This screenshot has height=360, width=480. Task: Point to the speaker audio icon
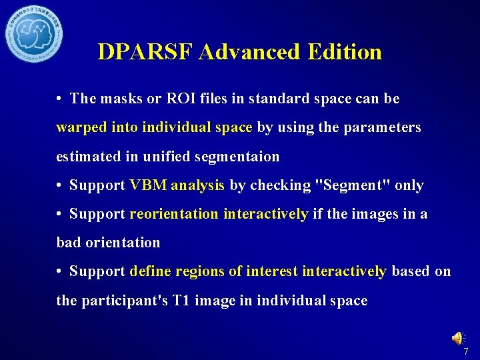point(458,338)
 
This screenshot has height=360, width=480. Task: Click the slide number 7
point(466,351)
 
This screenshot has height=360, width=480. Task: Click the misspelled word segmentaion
point(237,157)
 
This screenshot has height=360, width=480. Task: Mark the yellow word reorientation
point(174,214)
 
